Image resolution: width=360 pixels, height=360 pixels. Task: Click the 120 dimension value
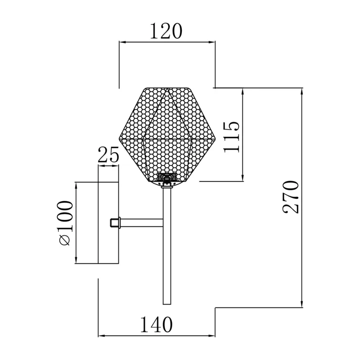pyautogui.click(x=166, y=31)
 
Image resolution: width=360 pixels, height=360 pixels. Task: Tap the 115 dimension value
pyautogui.click(x=231, y=137)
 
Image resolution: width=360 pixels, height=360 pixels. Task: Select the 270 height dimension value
pyautogui.click(x=291, y=197)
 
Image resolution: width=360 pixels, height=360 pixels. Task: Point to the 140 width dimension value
pyautogui.click(x=156, y=324)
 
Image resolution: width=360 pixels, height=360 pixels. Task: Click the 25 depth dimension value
pyautogui.click(x=108, y=154)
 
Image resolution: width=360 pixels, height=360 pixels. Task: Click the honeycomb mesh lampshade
pyautogui.click(x=167, y=135)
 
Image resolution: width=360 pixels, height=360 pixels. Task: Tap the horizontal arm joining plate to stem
pyautogui.click(x=142, y=223)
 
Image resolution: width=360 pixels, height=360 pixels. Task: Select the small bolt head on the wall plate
pyautogui.click(x=115, y=223)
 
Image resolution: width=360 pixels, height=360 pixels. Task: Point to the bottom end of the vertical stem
pyautogui.click(x=167, y=304)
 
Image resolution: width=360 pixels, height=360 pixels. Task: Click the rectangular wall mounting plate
pyautogui.click(x=108, y=223)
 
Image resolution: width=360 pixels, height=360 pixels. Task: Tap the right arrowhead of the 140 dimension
pyautogui.click(x=211, y=336)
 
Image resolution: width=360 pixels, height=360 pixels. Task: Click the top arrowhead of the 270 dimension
pyautogui.click(x=301, y=91)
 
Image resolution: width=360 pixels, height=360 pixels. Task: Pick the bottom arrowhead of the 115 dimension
pyautogui.click(x=243, y=178)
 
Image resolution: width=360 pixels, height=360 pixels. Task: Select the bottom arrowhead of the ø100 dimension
pyautogui.click(x=76, y=260)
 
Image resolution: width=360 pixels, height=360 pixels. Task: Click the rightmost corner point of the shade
pyautogui.click(x=216, y=139)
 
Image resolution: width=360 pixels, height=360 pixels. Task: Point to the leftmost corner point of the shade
pyautogui.click(x=119, y=139)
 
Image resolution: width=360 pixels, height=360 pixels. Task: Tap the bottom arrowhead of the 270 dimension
pyautogui.click(x=301, y=304)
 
